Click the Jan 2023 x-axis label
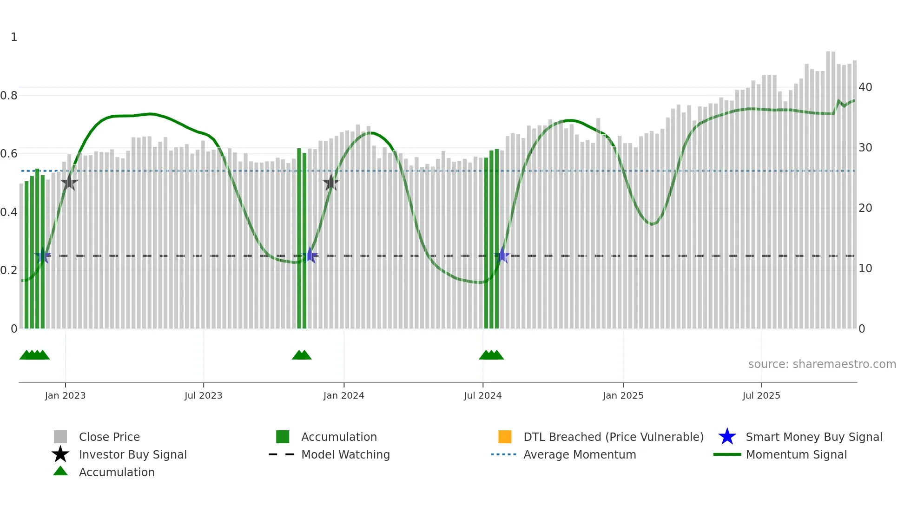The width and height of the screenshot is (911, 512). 65,395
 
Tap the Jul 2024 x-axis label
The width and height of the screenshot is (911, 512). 482,395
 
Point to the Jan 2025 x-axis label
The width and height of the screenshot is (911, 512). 623,395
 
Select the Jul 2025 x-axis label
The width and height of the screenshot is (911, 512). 761,395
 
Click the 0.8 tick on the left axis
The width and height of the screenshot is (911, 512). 9,96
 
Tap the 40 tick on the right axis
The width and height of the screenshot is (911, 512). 865,87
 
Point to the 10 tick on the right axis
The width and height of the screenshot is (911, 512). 865,269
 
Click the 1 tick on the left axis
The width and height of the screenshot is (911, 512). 14,37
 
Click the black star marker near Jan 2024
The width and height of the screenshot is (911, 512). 331,183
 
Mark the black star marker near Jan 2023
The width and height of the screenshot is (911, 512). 69,182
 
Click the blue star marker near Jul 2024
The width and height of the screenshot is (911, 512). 502,256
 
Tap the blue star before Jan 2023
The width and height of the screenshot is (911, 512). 43,256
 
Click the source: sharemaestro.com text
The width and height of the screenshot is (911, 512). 822,364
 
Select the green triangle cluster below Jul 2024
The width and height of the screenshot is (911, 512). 491,355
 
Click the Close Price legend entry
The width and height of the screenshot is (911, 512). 109,437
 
